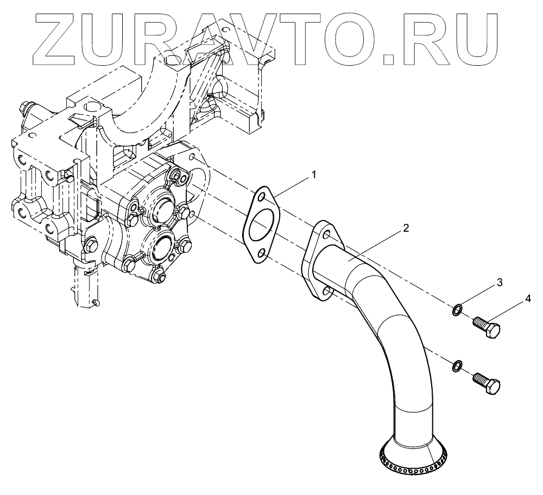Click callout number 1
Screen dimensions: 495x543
[x=313, y=174]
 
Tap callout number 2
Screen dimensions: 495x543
[x=406, y=228]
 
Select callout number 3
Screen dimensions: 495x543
[x=499, y=283]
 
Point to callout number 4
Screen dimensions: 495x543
[x=526, y=299]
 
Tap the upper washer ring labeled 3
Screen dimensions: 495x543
[x=457, y=310]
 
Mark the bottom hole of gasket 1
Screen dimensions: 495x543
[x=260, y=253]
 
